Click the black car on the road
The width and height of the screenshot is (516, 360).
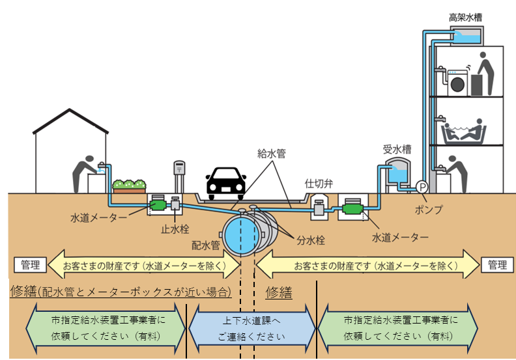click(x=225, y=184)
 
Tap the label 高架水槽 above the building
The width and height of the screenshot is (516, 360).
click(x=466, y=18)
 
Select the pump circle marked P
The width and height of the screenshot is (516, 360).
click(x=422, y=187)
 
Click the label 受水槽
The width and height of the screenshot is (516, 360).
click(x=397, y=149)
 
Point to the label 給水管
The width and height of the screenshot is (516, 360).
click(x=272, y=153)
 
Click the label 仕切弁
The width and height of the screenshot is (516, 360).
click(x=319, y=184)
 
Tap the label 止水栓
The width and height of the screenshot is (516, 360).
click(x=175, y=229)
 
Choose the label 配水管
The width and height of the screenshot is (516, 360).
click(x=206, y=245)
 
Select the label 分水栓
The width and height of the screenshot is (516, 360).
click(x=311, y=240)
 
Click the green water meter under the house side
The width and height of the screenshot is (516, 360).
click(x=158, y=205)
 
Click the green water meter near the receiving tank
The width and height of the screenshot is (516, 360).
click(x=352, y=209)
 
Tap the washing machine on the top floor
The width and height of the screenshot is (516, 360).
click(x=457, y=83)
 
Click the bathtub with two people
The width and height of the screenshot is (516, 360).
click(x=464, y=133)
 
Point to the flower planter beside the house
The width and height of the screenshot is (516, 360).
click(x=129, y=186)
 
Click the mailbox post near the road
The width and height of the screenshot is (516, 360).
click(x=179, y=176)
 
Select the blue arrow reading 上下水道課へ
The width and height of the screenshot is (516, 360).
click(x=251, y=329)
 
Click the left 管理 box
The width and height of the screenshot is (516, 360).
click(x=30, y=265)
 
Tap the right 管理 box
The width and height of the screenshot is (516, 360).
click(x=497, y=265)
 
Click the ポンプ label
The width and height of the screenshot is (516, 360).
click(x=429, y=210)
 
